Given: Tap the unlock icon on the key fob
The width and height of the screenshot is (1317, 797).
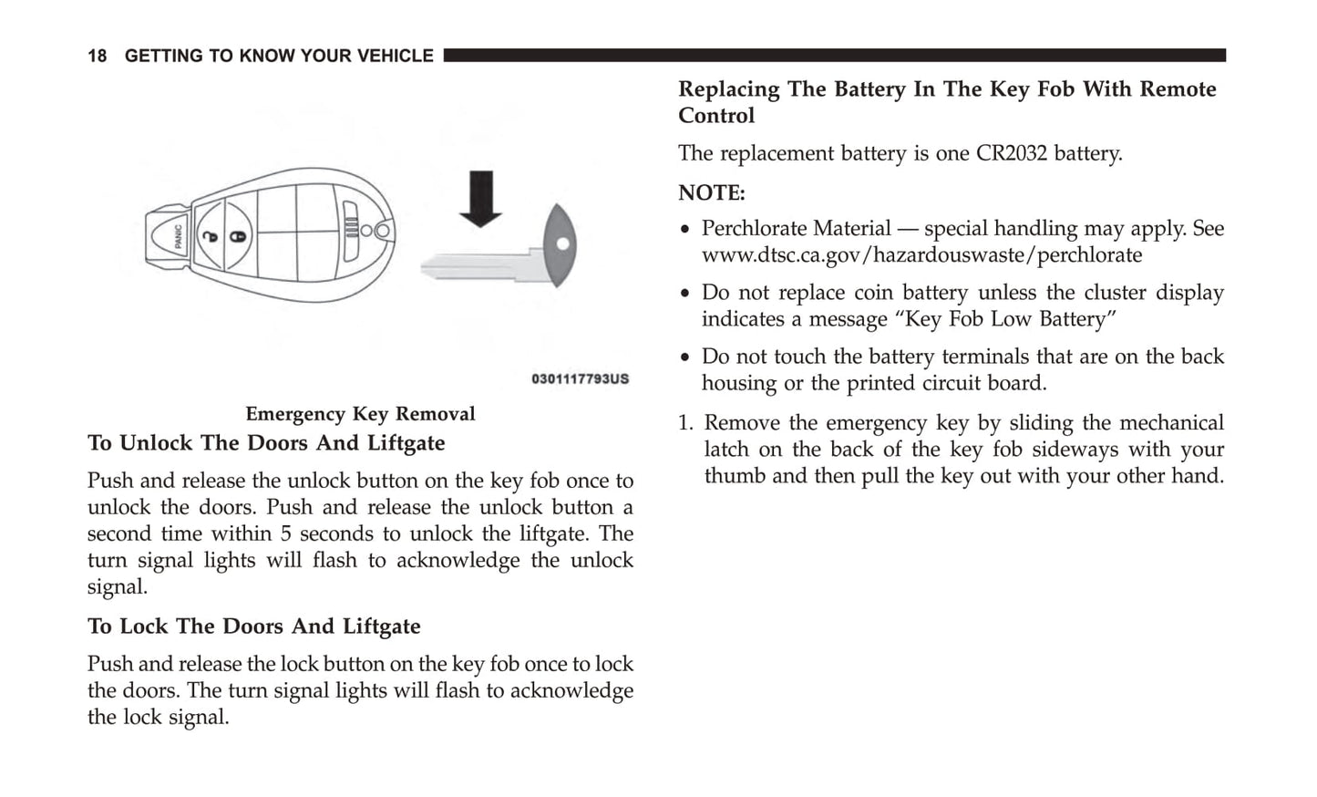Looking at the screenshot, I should pos(211,237).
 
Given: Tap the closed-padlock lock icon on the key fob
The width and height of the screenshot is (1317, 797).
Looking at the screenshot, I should pos(237,237).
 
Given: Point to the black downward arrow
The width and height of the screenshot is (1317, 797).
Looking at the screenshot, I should pos(480,198).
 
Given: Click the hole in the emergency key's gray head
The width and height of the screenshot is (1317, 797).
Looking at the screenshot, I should pos(562,244).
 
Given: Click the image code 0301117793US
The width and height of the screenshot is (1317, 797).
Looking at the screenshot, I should pos(580,378).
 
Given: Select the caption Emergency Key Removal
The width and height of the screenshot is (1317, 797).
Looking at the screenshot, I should pos(360,414).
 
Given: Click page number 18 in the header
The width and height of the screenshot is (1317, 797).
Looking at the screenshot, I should pos(97,57).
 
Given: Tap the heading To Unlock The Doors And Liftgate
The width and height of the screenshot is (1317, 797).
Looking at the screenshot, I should pos(266,443).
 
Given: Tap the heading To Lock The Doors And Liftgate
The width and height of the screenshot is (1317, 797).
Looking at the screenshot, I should pos(253,626).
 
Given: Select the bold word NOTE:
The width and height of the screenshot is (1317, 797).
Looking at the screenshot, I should pos(711,193).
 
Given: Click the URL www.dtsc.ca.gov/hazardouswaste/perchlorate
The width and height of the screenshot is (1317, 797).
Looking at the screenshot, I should pos(921,255).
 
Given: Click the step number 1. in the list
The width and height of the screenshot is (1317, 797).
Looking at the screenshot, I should pos(686,423).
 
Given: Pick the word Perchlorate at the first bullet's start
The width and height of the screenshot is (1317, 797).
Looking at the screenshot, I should pos(750,229).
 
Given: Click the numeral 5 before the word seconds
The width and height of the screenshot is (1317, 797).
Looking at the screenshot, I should pos(285,534).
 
